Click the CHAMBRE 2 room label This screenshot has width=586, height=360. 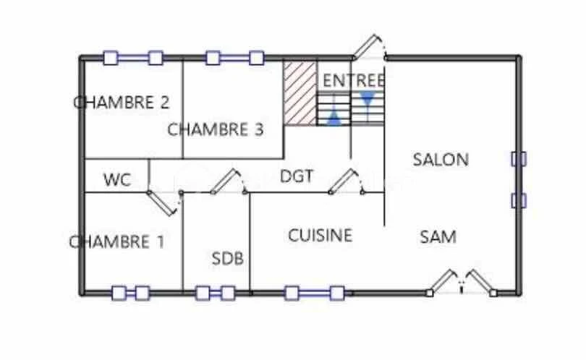pyautogui.click(x=122, y=103)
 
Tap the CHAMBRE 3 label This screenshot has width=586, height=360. pyautogui.click(x=216, y=129)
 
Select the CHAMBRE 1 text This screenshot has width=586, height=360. pyautogui.click(x=116, y=242)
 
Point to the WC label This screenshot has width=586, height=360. pyautogui.click(x=117, y=180)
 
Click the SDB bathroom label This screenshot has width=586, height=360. pyautogui.click(x=228, y=258)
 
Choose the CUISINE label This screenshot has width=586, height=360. pyautogui.click(x=320, y=235)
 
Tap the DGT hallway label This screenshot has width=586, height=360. pyautogui.click(x=297, y=176)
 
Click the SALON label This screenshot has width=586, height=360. pyautogui.click(x=441, y=160)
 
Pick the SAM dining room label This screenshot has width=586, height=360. pyautogui.click(x=438, y=237)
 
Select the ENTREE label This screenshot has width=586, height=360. pyautogui.click(x=354, y=81)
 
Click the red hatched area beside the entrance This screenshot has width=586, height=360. pyautogui.click(x=300, y=93)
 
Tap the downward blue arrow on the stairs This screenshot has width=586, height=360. pyautogui.click(x=368, y=98)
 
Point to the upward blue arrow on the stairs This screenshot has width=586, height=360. pyautogui.click(x=334, y=118)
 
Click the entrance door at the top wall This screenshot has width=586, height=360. pyautogui.click(x=369, y=48)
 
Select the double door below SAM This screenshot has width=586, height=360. pyautogui.click(x=462, y=283)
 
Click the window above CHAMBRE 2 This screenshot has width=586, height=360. pyautogui.click(x=133, y=58)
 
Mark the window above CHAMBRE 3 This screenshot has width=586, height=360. pyautogui.click(x=234, y=58)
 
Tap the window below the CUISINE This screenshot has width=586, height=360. pyautogui.click(x=314, y=293)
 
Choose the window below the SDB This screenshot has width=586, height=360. pyautogui.click(x=216, y=293)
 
